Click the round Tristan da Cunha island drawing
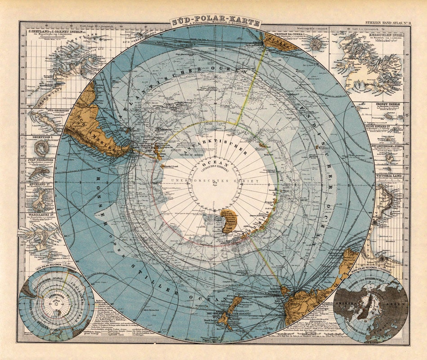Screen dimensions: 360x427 (x=317, y=44)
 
